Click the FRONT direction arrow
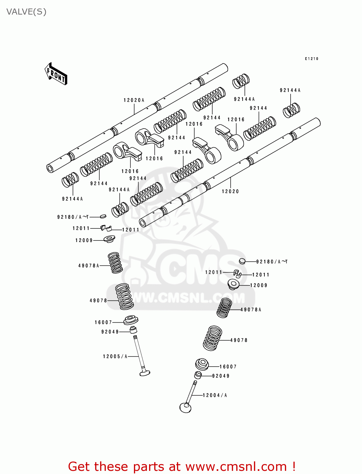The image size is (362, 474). click(x=56, y=74)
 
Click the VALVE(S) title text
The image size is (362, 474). click(x=26, y=12)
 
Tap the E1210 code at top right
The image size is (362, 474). click(x=311, y=59)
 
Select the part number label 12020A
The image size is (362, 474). click(x=134, y=100)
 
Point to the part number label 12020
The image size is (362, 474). click(x=230, y=191)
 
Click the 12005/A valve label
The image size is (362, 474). click(x=115, y=356)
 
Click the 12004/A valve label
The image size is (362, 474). click(x=215, y=395)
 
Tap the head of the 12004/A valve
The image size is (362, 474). click(x=185, y=408)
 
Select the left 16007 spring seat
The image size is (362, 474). click(x=131, y=320)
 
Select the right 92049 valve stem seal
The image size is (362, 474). click(x=198, y=375)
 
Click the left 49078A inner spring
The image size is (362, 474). click(x=115, y=263)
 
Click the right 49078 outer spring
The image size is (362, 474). click(x=213, y=338)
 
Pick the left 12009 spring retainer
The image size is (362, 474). click(x=109, y=239)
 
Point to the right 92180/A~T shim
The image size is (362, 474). click(x=242, y=261)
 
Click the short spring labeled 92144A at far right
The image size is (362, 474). click(x=291, y=110)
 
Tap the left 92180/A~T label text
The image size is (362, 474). click(x=73, y=217)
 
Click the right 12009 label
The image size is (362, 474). click(x=259, y=285)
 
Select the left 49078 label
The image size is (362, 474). click(x=99, y=301)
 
